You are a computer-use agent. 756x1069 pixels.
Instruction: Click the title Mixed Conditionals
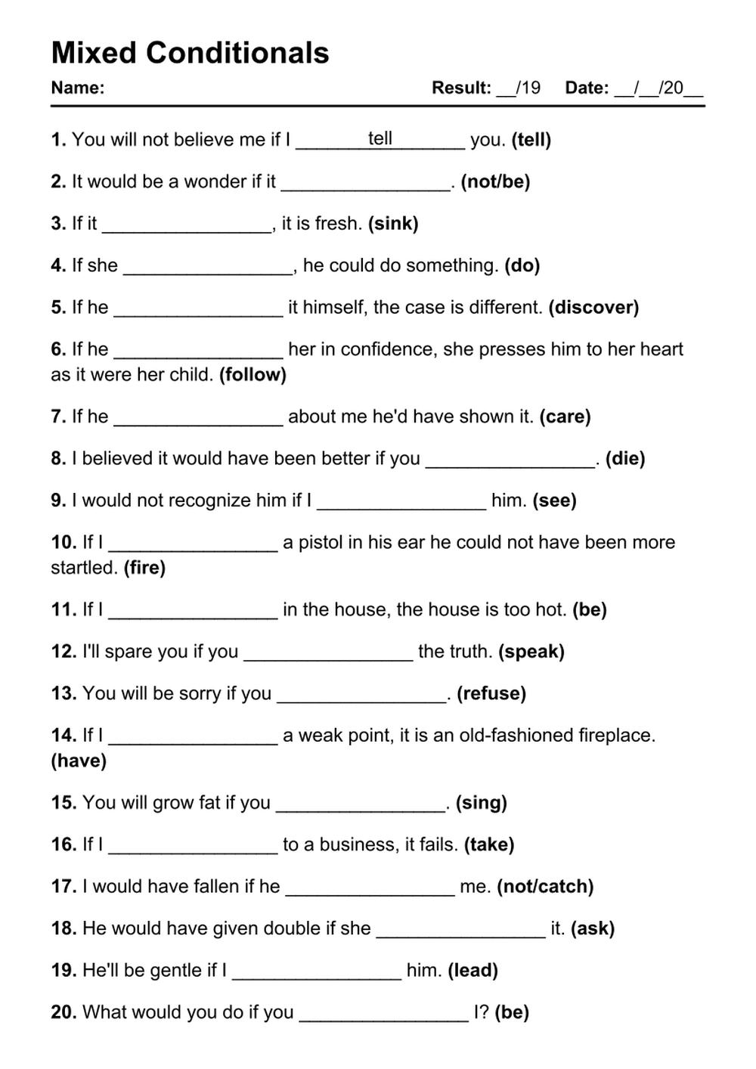[190, 53]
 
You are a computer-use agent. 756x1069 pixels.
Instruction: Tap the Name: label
[77, 88]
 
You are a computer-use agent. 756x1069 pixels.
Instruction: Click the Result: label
[461, 88]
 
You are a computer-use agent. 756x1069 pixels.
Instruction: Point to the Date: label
[587, 88]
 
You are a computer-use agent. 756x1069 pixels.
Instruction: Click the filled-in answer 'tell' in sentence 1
[380, 138]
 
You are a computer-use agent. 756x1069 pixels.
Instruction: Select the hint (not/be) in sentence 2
[495, 181]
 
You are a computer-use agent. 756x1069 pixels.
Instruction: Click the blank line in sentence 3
[187, 227]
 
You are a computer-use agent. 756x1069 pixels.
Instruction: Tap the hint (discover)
[593, 307]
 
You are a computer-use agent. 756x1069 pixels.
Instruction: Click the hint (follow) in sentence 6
[253, 374]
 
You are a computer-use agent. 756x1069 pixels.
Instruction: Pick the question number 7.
[58, 417]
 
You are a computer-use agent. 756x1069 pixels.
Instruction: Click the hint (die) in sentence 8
[625, 458]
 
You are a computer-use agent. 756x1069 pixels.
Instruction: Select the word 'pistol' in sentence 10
[321, 542]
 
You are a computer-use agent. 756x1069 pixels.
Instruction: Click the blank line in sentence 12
[328, 655]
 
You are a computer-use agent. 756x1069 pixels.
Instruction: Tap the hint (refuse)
[491, 693]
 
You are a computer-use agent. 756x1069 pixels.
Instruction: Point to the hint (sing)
[481, 802]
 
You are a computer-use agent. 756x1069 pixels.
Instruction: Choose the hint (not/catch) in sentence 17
[545, 886]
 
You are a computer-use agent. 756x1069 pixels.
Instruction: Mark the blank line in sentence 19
[317, 974]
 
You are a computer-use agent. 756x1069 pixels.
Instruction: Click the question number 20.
[64, 1012]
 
